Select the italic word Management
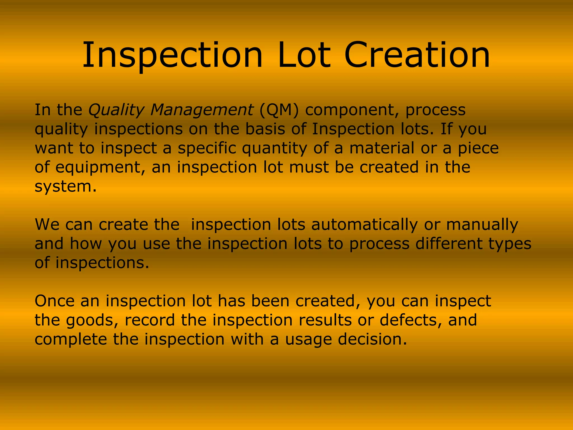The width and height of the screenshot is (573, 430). [201, 110]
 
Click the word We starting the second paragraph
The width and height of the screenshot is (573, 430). [47, 225]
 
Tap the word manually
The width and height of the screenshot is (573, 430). [482, 225]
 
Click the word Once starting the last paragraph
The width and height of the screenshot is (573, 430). [55, 301]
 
